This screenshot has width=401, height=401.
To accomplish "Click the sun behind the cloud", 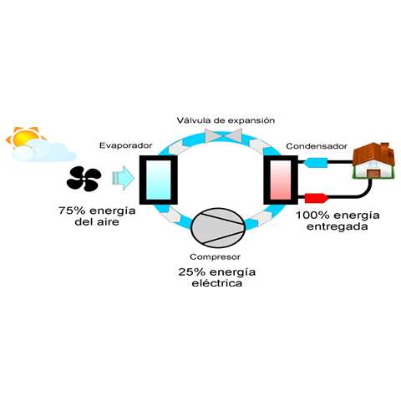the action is (x=25, y=137).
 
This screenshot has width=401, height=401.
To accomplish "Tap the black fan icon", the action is (x=84, y=180).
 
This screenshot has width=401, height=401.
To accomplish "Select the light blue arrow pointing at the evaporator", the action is (x=123, y=178).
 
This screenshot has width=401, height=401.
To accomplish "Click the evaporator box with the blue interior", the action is (x=158, y=180).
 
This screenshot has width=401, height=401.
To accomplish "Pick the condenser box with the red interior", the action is (x=281, y=180).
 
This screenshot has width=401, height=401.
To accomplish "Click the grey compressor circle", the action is (x=218, y=228).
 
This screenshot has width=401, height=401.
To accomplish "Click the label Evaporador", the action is (x=126, y=145).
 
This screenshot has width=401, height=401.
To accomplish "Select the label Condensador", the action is (x=317, y=146).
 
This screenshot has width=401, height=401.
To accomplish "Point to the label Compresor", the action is (x=215, y=256).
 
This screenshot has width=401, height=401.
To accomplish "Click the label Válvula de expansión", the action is (x=226, y=120).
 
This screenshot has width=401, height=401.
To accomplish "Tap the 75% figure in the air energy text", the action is (x=72, y=211).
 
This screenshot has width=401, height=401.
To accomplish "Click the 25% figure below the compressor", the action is (x=192, y=272).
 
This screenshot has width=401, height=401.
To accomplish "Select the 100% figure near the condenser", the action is (x=312, y=216).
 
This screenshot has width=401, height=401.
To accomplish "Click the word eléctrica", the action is (x=216, y=283).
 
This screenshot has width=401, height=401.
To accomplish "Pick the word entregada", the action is (x=338, y=226).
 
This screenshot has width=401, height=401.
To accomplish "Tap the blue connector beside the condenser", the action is (x=316, y=163).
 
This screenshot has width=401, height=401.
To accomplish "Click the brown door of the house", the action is (x=373, y=174).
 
